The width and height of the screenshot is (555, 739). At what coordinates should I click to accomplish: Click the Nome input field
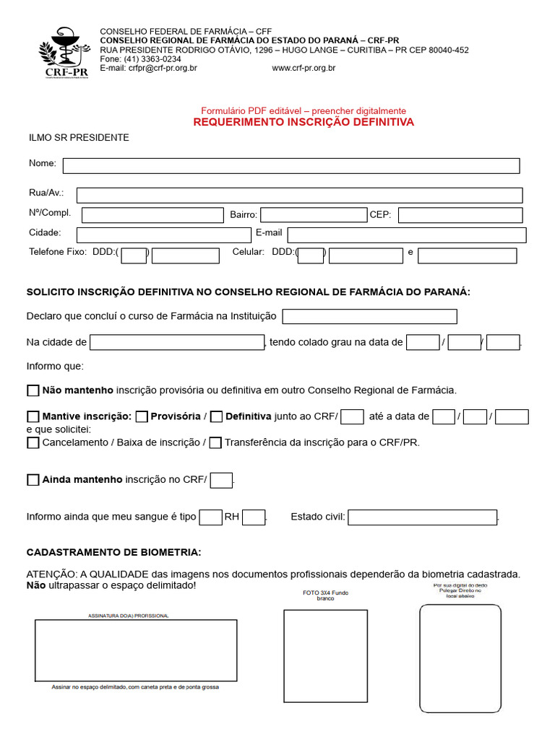click(291, 166)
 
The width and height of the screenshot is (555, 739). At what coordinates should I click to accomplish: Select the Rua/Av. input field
click(299, 195)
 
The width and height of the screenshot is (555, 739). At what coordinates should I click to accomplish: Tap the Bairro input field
click(314, 215)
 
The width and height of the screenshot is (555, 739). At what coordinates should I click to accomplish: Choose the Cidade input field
click(163, 235)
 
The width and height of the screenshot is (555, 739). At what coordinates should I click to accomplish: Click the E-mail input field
click(407, 235)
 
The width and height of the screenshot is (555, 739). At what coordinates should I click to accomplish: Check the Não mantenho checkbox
click(33, 390)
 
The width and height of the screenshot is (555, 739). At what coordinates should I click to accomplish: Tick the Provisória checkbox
click(142, 416)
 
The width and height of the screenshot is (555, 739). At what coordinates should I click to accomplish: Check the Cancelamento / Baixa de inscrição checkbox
click(33, 443)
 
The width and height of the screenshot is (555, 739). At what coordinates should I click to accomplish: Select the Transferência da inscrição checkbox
click(215, 443)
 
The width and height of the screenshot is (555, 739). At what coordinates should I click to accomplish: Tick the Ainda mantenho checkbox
click(33, 480)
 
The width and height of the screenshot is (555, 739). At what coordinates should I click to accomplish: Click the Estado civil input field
click(423, 517)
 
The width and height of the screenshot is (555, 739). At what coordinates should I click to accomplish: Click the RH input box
click(254, 517)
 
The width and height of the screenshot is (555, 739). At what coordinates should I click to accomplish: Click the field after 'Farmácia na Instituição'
click(369, 317)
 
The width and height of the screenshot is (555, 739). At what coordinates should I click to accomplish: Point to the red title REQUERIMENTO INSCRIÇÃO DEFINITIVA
click(304, 123)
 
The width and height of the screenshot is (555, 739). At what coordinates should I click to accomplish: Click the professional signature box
click(136, 650)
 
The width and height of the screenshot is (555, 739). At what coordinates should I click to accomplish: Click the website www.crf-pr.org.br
click(304, 69)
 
